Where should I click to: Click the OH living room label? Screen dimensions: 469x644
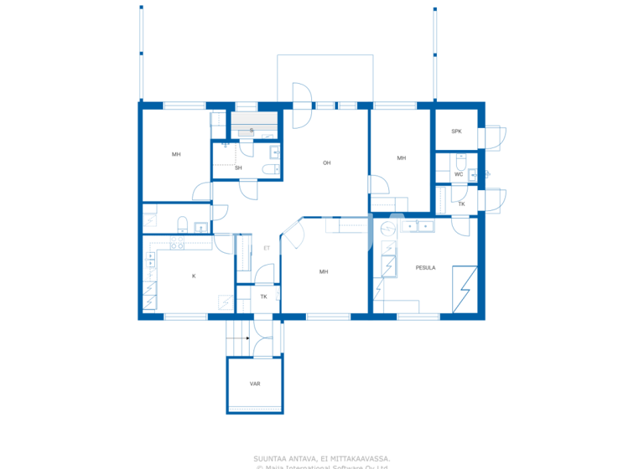pyautogui.click(x=326, y=162)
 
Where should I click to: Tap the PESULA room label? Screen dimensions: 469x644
pyautogui.click(x=425, y=268)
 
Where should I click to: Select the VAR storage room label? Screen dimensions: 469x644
pyautogui.click(x=255, y=384)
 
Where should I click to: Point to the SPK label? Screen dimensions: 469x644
pyautogui.click(x=456, y=131)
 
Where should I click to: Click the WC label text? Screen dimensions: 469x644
pyautogui.click(x=459, y=174)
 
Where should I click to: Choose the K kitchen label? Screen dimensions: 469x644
pyautogui.click(x=194, y=276)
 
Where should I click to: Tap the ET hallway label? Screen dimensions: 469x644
pyautogui.click(x=267, y=248)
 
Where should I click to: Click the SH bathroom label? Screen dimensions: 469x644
pyautogui.click(x=238, y=167)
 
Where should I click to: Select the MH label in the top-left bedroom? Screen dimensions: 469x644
pyautogui.click(x=176, y=154)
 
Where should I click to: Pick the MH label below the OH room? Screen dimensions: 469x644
pyautogui.click(x=323, y=271)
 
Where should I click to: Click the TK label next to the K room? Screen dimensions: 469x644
pyautogui.click(x=263, y=296)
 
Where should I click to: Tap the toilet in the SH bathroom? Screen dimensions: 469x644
pyautogui.click(x=267, y=170)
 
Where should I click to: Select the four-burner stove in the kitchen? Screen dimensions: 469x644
pyautogui.click(x=177, y=245)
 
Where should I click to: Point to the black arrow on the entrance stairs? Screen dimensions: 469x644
pyautogui.click(x=247, y=338)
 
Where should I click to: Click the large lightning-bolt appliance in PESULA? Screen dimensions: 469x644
pyautogui.click(x=465, y=289)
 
